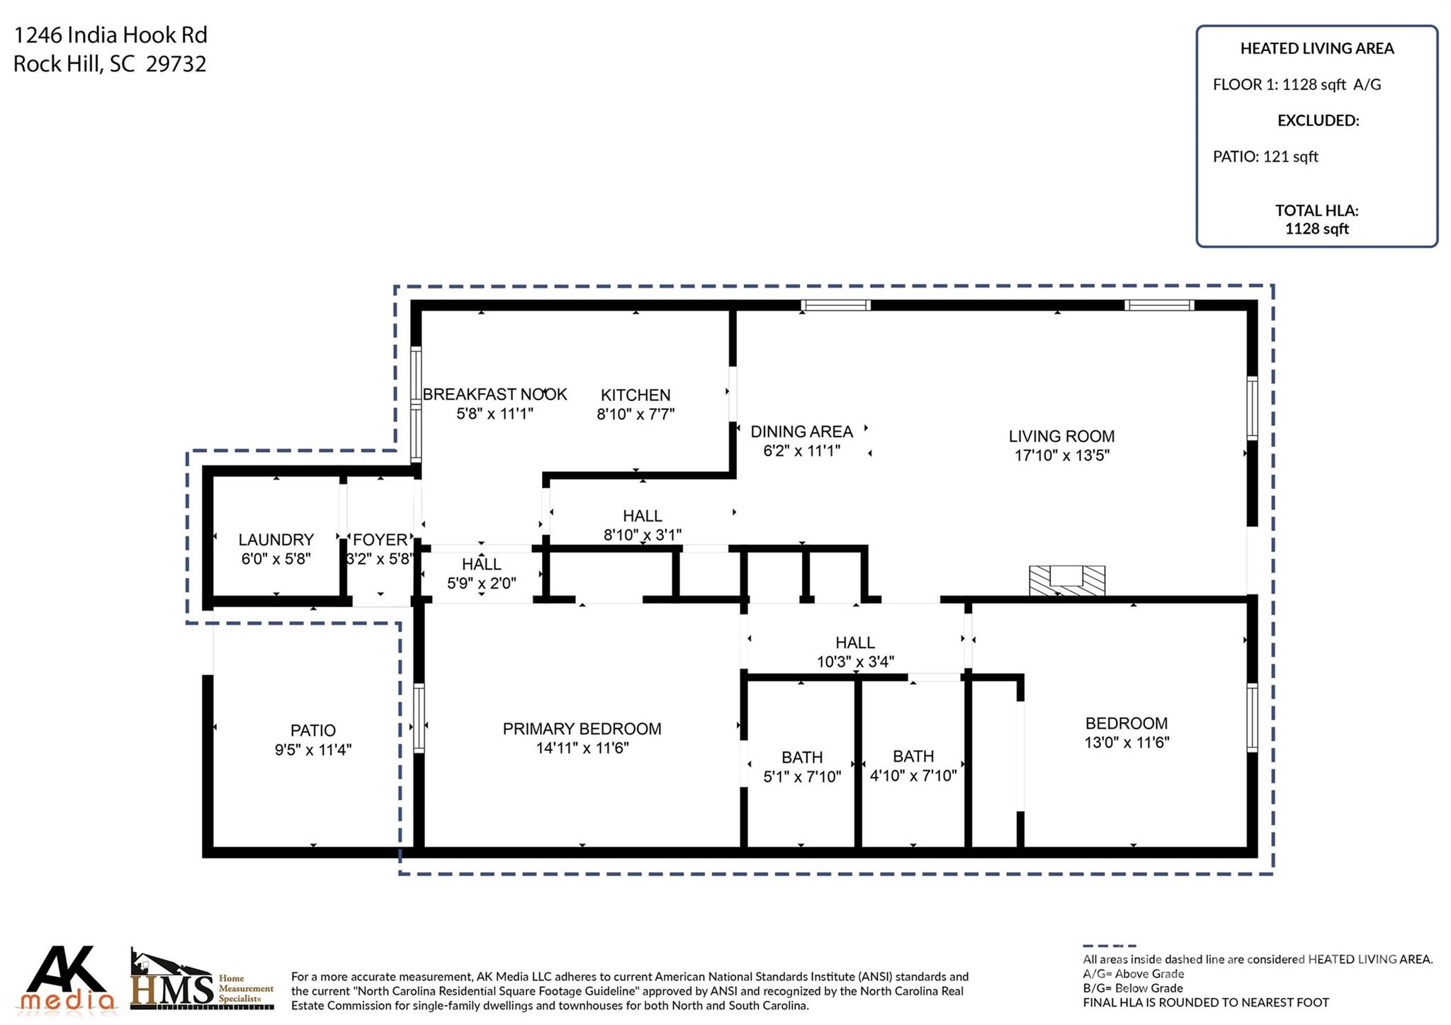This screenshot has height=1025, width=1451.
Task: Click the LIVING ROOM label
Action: pyautogui.click(x=1061, y=436)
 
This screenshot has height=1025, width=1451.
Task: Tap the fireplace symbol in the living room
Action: pyautogui.click(x=1066, y=580)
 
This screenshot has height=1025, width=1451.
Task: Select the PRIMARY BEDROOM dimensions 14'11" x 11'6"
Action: pyautogui.click(x=582, y=748)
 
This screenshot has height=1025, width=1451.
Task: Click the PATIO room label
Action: pyautogui.click(x=312, y=730)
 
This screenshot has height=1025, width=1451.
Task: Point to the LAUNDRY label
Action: pyautogui.click(x=276, y=540)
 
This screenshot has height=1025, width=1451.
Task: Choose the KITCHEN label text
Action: pyautogui.click(x=636, y=395)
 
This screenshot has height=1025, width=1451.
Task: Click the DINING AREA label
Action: pyautogui.click(x=801, y=431)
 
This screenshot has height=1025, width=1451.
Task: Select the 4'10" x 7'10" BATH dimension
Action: pyautogui.click(x=913, y=776)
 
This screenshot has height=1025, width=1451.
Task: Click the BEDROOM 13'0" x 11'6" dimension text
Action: pyautogui.click(x=1127, y=742)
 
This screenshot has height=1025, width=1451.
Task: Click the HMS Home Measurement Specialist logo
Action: pyautogui.click(x=201, y=981)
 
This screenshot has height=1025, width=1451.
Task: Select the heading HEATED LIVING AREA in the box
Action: pyautogui.click(x=1316, y=49)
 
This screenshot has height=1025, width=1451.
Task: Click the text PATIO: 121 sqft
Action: pyautogui.click(x=1265, y=157)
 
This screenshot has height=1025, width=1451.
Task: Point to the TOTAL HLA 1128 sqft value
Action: pyautogui.click(x=1316, y=229)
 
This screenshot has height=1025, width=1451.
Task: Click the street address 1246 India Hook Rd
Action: pyautogui.click(x=111, y=35)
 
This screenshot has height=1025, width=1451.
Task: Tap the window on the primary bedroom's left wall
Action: pyautogui.click(x=419, y=718)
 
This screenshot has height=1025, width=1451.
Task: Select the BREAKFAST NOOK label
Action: pyautogui.click(x=495, y=395)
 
